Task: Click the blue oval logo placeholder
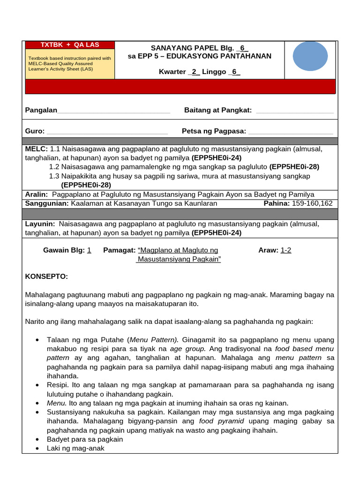310,56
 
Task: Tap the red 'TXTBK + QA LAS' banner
69,45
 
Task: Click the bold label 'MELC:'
37,149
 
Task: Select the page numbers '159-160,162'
312,203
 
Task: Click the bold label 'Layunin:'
40,224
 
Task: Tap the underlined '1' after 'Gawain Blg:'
89,250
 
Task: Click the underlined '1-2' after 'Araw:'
286,250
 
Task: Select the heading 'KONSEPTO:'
46,277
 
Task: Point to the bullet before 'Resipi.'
37,385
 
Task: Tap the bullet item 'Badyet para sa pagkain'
85,439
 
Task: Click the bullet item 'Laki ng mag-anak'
75,448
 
